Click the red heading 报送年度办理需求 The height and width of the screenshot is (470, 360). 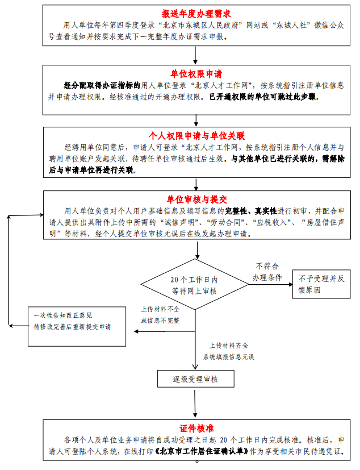tap(196, 13)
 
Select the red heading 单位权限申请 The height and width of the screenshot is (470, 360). tap(196, 74)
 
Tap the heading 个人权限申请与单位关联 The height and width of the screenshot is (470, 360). tap(196, 136)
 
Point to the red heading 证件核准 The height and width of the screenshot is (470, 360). tap(196, 428)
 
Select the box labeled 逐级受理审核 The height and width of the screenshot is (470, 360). tap(195, 379)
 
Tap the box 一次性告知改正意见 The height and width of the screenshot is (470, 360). tap(76, 321)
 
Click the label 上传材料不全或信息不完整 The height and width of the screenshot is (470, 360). tap(160, 314)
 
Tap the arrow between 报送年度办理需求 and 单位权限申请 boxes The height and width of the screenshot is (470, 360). tap(196, 55)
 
